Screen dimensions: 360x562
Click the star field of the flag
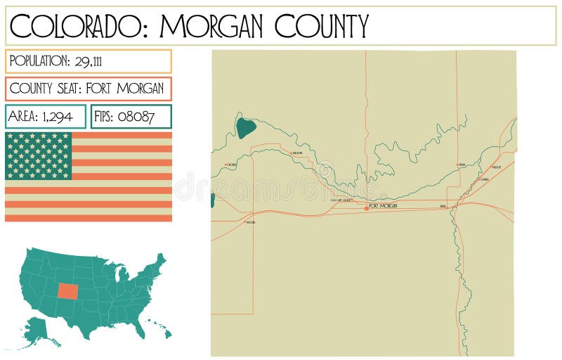tap(39, 155)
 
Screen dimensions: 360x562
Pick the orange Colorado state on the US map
tap(69, 290)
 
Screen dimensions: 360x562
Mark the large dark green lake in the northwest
tap(245, 128)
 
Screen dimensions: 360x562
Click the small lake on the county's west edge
tap(212, 200)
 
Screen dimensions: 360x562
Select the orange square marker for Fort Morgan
tap(366, 208)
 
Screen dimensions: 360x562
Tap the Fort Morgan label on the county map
tap(383, 206)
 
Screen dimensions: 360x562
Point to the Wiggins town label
tap(251, 222)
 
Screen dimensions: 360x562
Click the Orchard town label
tap(232, 165)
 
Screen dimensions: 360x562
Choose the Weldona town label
tap(296, 153)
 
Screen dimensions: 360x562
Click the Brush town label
tap(443, 206)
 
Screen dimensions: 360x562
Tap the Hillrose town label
tap(497, 167)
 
